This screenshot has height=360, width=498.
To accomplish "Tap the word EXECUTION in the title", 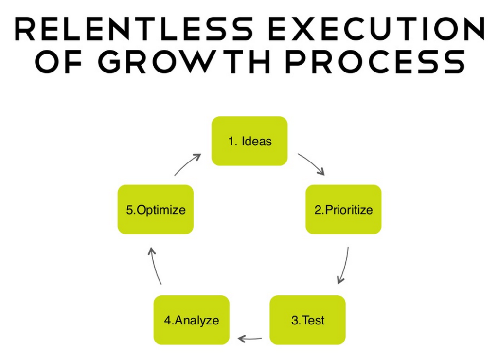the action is pyautogui.click(x=376, y=30).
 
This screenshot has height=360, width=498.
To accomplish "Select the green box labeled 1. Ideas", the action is pyautogui.click(x=249, y=141).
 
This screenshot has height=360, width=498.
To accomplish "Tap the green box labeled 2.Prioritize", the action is pyautogui.click(x=343, y=210).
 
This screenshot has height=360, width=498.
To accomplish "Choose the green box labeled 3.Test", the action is pyautogui.click(x=307, y=320).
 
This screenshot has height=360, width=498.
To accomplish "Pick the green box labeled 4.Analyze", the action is pyautogui.click(x=191, y=320).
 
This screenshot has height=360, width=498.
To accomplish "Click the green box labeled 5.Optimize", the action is pyautogui.click(x=156, y=210).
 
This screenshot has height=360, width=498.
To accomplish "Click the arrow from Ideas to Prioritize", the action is pyautogui.click(x=311, y=163).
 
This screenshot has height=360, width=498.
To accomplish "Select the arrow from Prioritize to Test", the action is pyautogui.click(x=343, y=265).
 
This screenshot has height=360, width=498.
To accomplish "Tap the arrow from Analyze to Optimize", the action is pyautogui.click(x=155, y=265).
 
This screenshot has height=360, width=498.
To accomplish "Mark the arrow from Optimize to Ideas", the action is pyautogui.click(x=188, y=163).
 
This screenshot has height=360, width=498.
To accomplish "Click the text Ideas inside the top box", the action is pyautogui.click(x=256, y=142).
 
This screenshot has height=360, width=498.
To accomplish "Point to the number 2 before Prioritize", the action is pyautogui.click(x=318, y=210).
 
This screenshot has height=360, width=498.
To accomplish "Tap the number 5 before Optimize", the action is pyautogui.click(x=129, y=210).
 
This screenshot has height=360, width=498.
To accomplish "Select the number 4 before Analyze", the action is pyautogui.click(x=167, y=320).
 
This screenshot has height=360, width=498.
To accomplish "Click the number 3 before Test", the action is pyautogui.click(x=294, y=320).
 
